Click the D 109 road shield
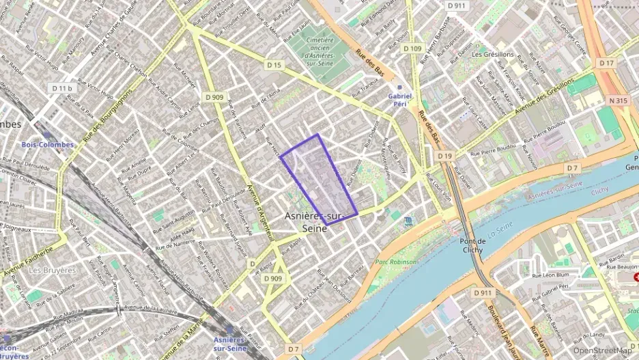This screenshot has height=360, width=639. point(412,49)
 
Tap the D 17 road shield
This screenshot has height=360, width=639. point(606,63)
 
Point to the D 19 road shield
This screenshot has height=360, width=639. point(444,156)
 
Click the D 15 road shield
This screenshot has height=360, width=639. point(274,64)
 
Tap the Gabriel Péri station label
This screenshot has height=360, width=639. point(400,96)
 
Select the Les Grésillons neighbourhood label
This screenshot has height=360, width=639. point(492,54)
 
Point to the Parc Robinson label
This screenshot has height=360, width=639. point(395,262)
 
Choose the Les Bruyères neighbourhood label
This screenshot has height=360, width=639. point(52,270)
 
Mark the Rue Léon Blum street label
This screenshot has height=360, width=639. point(550,275)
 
